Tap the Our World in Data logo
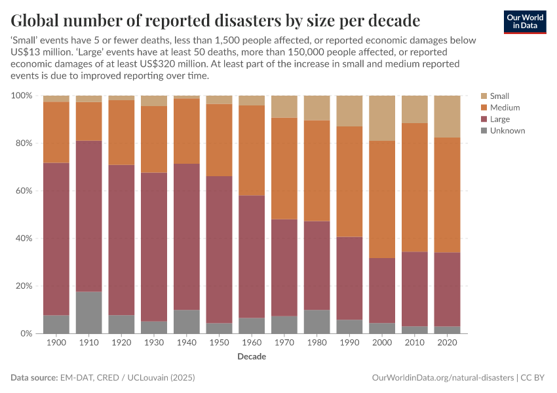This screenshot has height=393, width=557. (x=524, y=22)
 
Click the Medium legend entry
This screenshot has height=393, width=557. (x=505, y=108)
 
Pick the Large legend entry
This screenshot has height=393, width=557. (x=501, y=120)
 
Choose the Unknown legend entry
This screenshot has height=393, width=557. (x=507, y=131)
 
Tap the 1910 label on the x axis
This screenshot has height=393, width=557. (x=88, y=343)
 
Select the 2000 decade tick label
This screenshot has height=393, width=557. (x=382, y=343)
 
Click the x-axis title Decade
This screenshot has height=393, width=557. (x=252, y=358)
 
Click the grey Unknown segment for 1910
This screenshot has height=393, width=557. (x=88, y=312)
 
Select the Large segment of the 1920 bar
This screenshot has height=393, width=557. (x=121, y=240)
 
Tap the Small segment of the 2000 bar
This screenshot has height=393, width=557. (x=382, y=118)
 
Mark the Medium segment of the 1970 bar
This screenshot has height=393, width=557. (x=284, y=168)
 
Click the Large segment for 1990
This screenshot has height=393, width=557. (x=349, y=278)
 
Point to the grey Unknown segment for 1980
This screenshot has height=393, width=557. (x=317, y=322)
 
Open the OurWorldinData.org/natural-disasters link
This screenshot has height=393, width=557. (x=442, y=379)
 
